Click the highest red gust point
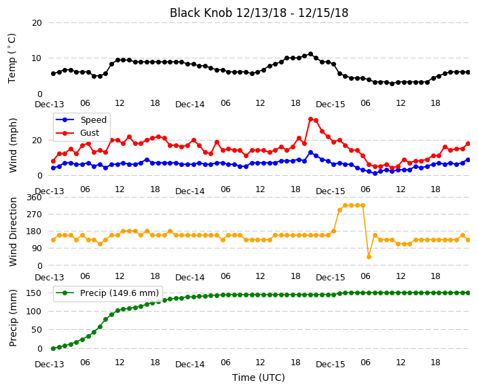[x=311, y=119]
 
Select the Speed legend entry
[x=81, y=119]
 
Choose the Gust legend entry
[x=77, y=133]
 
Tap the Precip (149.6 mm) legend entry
[x=107, y=293]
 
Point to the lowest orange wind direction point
[x=369, y=257]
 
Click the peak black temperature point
[x=311, y=54]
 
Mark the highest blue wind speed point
[x=311, y=153]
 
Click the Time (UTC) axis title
[x=259, y=377]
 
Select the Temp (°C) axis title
[x=12, y=58]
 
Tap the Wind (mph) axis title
[x=12, y=145]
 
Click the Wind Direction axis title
[x=12, y=232]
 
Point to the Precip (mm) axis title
[x=12, y=318]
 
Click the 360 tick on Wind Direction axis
[x=34, y=198]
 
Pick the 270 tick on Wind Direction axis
[x=34, y=215]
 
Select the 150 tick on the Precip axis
[x=34, y=293]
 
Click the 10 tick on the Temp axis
[x=37, y=58]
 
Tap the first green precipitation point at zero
[x=54, y=348]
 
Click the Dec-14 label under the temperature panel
[x=190, y=105]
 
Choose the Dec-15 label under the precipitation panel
[x=331, y=365]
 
